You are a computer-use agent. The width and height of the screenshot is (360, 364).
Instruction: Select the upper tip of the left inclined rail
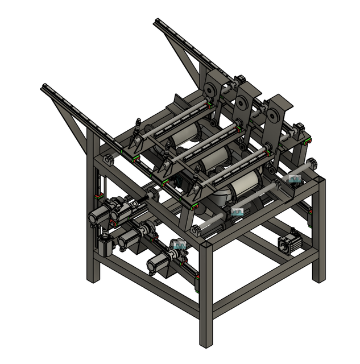pyautogui.click(x=44, y=87)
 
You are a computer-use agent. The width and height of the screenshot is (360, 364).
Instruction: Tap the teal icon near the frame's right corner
pyautogui.click(x=295, y=179)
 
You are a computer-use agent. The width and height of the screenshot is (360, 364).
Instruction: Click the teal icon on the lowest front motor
pyautogui.click(x=179, y=245)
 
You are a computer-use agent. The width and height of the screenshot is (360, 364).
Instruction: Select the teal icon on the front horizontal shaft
pyautogui.click(x=237, y=212)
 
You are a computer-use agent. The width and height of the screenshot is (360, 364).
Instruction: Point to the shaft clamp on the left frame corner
pyautogui.click(x=107, y=161)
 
